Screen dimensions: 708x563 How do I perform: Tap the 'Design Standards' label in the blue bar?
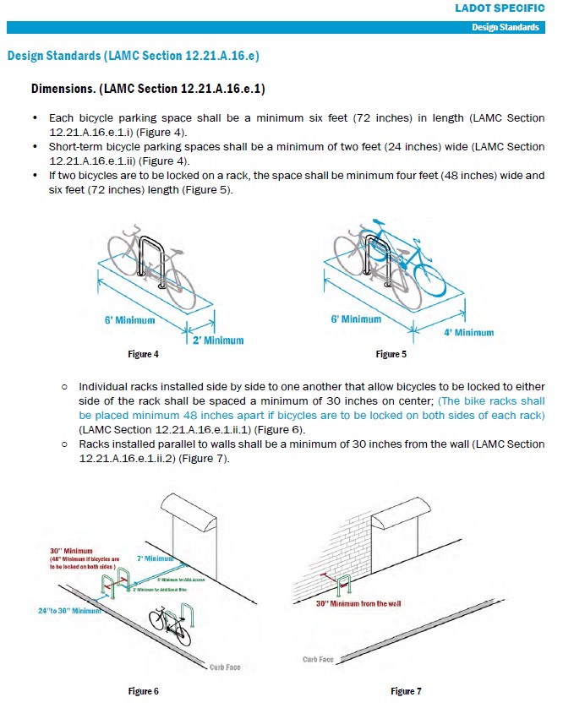tap(506, 27)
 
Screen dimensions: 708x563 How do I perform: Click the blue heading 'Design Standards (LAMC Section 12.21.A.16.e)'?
tap(133, 56)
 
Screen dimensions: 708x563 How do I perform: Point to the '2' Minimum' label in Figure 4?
tap(217, 340)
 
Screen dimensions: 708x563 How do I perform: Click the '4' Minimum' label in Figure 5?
tap(468, 332)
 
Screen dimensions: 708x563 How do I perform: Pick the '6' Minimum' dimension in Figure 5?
tap(356, 319)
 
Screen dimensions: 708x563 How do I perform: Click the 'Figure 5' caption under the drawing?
tap(391, 353)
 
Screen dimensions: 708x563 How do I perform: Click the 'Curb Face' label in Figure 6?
tap(225, 667)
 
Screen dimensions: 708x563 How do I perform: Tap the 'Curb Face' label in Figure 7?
tap(318, 659)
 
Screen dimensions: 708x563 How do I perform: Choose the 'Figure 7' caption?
tap(406, 691)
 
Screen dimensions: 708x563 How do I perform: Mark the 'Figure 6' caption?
tap(144, 691)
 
